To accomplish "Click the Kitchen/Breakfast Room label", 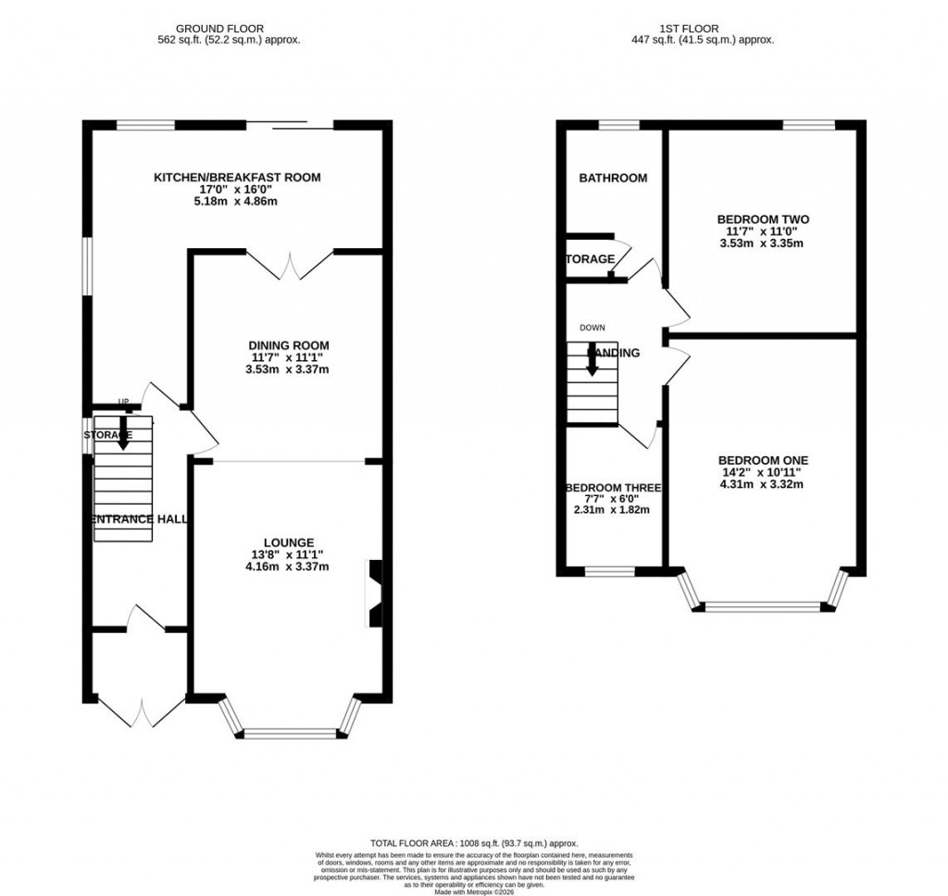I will coord(237,178).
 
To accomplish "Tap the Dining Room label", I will coord(291,345).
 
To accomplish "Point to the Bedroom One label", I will coord(763,460).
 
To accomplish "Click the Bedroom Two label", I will coord(763,219).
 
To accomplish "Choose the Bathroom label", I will coord(613,178).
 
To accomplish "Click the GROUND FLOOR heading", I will coord(228,29).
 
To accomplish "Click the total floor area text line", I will coord(474,843).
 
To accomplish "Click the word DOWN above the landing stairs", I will coord(592,328).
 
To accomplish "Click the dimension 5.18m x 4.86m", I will coord(237,201).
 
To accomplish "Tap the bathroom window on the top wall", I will coord(618,125).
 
